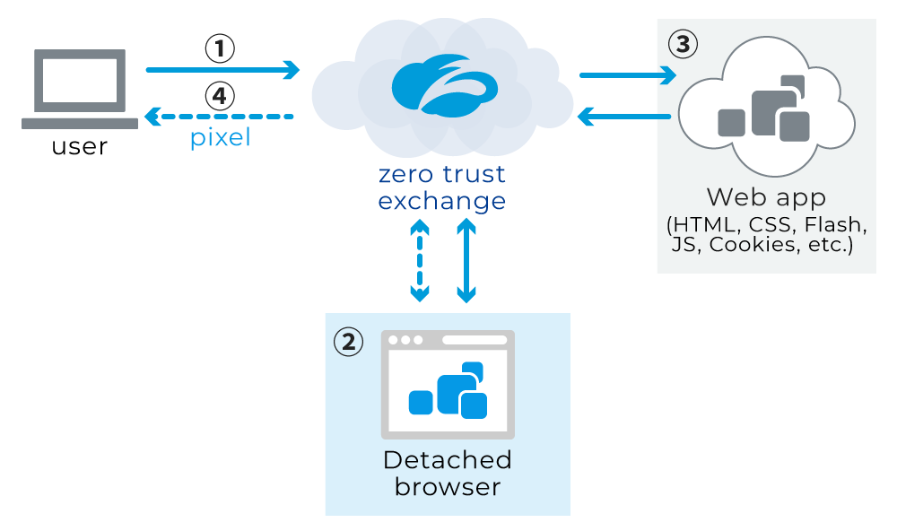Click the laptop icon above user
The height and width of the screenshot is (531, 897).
click(x=80, y=89)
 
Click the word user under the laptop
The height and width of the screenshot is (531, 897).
click(x=80, y=146)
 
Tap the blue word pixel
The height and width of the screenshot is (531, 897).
click(x=220, y=139)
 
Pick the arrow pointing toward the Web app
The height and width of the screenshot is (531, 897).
click(x=627, y=75)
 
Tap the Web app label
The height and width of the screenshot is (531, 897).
click(x=766, y=196)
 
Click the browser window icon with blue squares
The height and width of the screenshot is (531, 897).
click(x=448, y=385)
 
